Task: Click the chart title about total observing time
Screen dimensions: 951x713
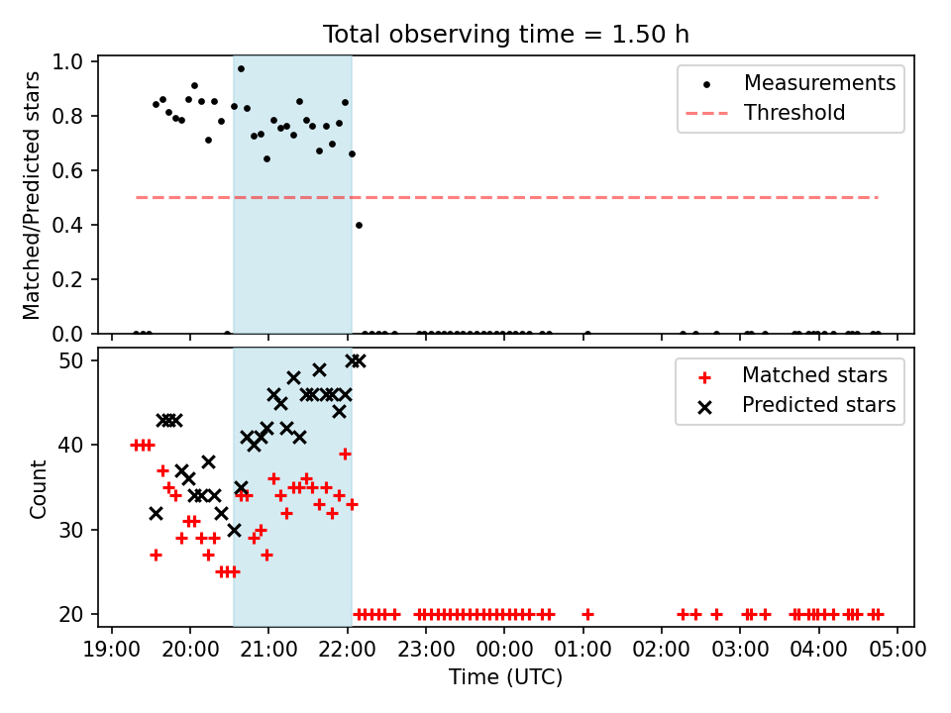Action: click(x=506, y=34)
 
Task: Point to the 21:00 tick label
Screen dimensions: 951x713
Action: click(x=268, y=650)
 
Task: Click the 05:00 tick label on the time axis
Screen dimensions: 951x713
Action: click(x=898, y=650)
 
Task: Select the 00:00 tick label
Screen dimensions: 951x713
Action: click(x=504, y=650)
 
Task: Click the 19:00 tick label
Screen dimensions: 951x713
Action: click(x=112, y=650)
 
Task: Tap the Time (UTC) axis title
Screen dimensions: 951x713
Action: click(x=506, y=676)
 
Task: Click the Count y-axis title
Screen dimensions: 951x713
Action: click(x=38, y=489)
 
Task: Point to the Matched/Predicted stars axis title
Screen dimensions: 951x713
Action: click(x=31, y=195)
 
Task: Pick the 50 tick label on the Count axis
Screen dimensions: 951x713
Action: click(x=71, y=360)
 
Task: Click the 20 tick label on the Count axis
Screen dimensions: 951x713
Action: click(x=71, y=614)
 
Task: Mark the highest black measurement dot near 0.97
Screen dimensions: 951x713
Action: click(x=241, y=69)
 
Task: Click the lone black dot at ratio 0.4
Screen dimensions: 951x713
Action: click(x=359, y=226)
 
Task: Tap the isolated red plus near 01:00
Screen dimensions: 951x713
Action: click(x=587, y=615)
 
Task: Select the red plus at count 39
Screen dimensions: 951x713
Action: click(x=345, y=455)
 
